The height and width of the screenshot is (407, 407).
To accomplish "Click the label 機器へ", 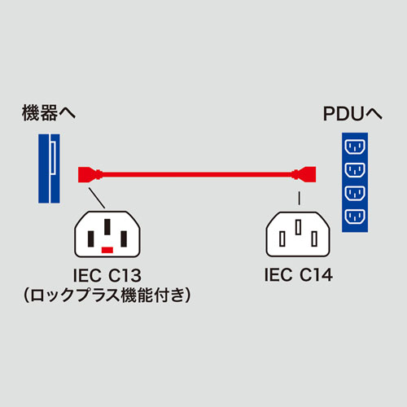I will (48, 114).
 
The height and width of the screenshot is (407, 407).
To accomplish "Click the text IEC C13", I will (107, 276).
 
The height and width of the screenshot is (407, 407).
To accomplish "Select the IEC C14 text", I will (299, 276).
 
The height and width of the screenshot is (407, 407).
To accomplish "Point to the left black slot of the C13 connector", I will (91, 239).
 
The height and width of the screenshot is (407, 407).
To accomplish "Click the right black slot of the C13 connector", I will (124, 239).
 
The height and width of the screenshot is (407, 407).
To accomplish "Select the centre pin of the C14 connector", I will (299, 229).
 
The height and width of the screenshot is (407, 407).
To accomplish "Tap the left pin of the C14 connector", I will (282, 239).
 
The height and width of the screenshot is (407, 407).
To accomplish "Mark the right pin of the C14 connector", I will (315, 239).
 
